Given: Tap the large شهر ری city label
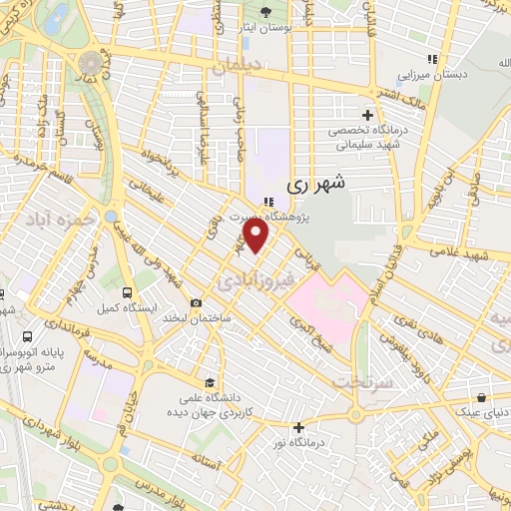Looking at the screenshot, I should [316, 184].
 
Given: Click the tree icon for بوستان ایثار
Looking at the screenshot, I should [264, 13].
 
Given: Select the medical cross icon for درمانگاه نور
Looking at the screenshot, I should [297, 427].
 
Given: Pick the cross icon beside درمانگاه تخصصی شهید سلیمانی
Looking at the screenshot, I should [367, 115].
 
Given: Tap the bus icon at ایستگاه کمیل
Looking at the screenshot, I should [126, 292].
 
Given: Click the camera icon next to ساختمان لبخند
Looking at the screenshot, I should [196, 303].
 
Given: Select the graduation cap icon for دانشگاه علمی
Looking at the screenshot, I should [209, 381].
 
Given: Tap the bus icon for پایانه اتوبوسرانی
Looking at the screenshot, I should [27, 337].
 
